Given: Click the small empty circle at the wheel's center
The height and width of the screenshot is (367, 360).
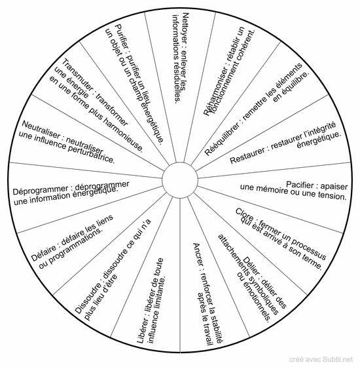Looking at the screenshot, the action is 180,180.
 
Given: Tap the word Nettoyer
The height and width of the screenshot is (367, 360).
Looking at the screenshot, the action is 186,28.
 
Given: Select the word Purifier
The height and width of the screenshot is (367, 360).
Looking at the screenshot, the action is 122,37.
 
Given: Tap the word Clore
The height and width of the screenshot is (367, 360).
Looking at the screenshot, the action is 245,215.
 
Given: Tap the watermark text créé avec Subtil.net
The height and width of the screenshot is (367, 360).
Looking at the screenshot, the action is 321,359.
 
